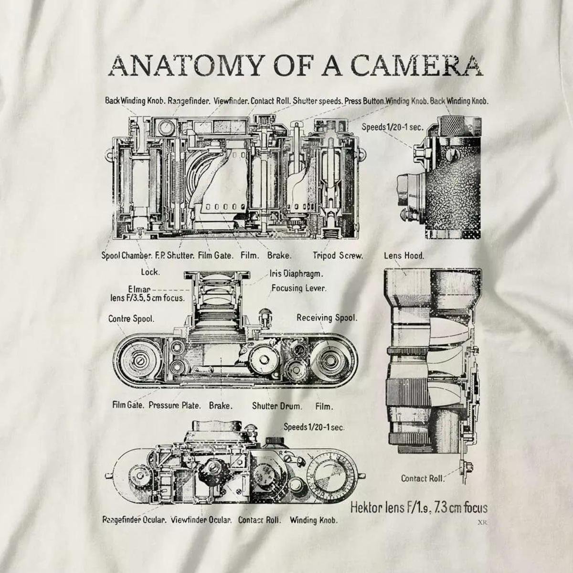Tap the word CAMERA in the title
click(416, 65)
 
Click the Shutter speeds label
click(318, 101)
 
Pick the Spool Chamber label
click(127, 255)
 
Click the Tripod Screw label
click(338, 255)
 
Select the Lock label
click(150, 272)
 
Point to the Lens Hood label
click(404, 255)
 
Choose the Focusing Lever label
click(299, 288)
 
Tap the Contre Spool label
click(131, 318)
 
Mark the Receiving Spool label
click(327, 318)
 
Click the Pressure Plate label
click(174, 406)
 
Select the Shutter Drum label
click(277, 406)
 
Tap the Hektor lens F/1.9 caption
click(418, 508)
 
